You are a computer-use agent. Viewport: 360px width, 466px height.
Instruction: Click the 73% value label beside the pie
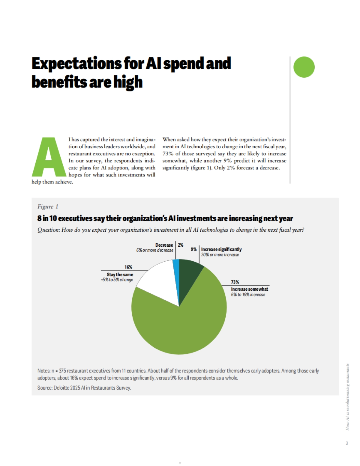[x=235, y=282]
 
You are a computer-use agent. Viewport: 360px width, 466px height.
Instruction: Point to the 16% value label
[x=128, y=267]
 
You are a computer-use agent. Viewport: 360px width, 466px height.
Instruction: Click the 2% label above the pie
[x=181, y=245]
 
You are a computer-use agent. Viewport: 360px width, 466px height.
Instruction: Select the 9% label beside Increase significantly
[x=194, y=249]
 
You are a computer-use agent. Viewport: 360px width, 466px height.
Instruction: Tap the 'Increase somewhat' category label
[x=249, y=289]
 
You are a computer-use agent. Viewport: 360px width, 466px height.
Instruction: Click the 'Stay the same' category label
[x=120, y=275]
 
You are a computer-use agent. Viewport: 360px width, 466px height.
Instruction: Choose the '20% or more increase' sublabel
[x=220, y=255]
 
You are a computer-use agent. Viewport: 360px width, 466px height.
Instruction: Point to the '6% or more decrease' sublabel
[x=155, y=250]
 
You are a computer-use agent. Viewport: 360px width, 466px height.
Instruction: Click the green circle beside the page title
[x=304, y=67]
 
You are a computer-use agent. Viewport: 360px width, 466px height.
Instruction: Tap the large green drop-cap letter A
[x=49, y=157]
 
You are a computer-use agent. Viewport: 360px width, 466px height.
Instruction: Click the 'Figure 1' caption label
[x=48, y=206]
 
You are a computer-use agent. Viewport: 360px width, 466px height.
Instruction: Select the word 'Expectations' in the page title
[x=76, y=64]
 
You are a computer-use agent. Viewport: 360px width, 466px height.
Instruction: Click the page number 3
[x=347, y=443]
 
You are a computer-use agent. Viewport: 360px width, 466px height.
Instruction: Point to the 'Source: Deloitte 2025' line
[x=84, y=388]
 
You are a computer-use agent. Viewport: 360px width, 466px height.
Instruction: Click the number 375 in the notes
[x=62, y=371]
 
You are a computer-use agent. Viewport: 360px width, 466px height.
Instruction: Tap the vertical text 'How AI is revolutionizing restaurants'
[x=347, y=397]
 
